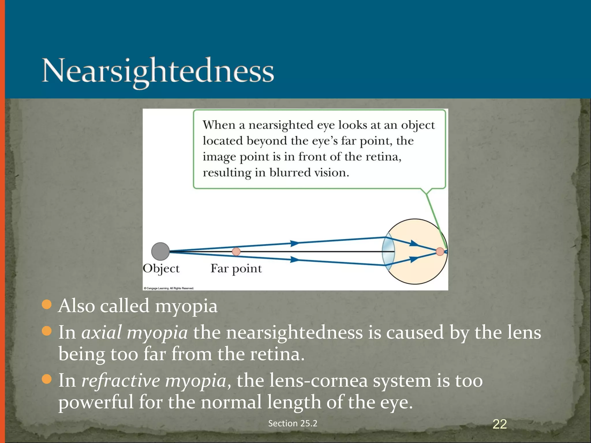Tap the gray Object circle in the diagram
(x=160, y=251)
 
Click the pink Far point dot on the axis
(x=236, y=251)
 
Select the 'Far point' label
(x=236, y=269)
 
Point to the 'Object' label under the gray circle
(x=161, y=269)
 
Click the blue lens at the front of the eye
(x=388, y=251)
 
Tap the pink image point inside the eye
(x=440, y=251)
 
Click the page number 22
(x=500, y=424)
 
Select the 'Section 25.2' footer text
(x=293, y=423)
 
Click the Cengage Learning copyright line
(x=169, y=288)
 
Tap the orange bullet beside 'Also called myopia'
(x=46, y=304)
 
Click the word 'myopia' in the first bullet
(x=186, y=306)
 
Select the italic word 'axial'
(x=101, y=333)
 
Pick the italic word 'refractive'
(x=120, y=380)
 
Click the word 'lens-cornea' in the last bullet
(x=318, y=380)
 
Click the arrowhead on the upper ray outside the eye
(x=295, y=243)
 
